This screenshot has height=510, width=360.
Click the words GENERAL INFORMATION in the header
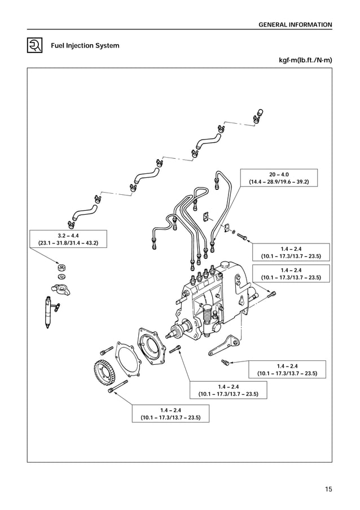295,25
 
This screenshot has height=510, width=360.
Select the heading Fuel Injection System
85,46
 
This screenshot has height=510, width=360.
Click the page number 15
328,489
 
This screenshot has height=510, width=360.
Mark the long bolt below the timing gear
118,387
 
